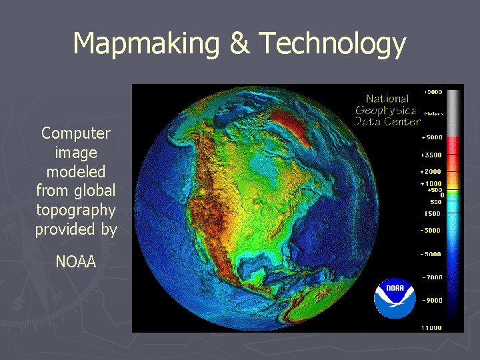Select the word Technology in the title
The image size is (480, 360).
[x=332, y=43]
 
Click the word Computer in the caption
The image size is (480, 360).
[x=76, y=133]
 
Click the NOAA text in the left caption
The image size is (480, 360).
[x=76, y=262]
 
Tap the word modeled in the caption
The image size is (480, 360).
[x=76, y=172]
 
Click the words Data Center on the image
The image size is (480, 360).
[x=387, y=121]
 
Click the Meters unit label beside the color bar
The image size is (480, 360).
[x=431, y=113]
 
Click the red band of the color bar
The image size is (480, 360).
[x=453, y=145]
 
